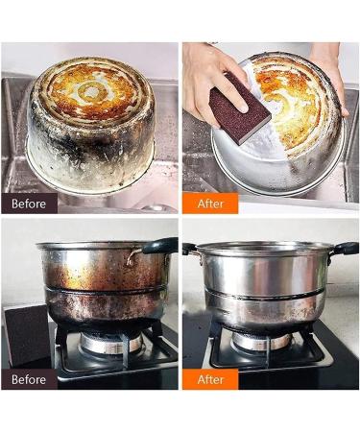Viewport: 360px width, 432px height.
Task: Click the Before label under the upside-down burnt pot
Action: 29,203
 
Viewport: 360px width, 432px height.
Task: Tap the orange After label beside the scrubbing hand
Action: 209,203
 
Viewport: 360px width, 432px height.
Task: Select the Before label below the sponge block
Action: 29,378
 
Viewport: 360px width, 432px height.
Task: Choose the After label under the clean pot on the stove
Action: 209,378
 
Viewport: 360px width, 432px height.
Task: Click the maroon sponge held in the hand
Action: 240,108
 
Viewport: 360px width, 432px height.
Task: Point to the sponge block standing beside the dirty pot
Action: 27,333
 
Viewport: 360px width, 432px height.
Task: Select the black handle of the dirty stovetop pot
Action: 158,246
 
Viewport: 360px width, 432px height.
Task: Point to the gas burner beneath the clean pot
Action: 264,342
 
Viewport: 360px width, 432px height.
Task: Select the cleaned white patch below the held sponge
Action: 254,149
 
